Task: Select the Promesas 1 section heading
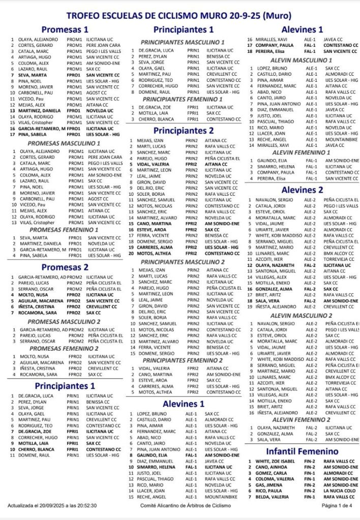tap(65, 29)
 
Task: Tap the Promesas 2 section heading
tap(65, 267)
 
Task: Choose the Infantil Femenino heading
tap(303, 451)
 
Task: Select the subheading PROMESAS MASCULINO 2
tap(64, 322)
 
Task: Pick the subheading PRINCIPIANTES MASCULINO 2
tap(182, 262)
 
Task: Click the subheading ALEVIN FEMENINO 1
tap(302, 152)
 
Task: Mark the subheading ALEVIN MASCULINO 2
tap(302, 316)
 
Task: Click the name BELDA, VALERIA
tap(273, 497)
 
